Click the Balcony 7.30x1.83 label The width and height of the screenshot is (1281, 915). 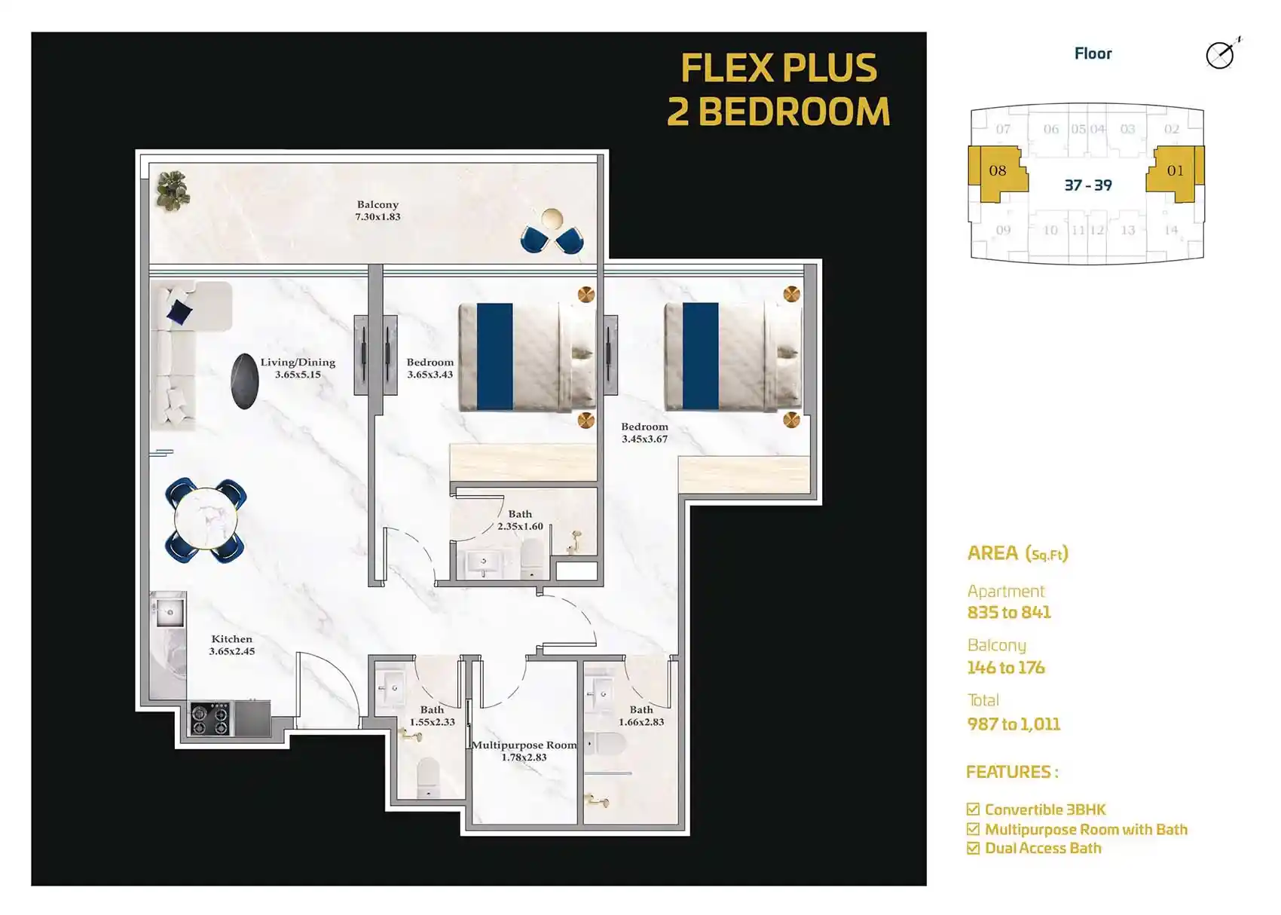click(378, 210)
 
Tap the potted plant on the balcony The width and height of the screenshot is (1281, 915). click(173, 190)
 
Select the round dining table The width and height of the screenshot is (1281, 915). click(206, 519)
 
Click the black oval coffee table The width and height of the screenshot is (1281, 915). click(245, 381)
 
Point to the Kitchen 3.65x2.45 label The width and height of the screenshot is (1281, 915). click(231, 645)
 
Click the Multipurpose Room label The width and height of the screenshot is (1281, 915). click(524, 745)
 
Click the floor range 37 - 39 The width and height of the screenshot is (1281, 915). click(1088, 185)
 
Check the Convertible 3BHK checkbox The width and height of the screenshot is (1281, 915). click(973, 809)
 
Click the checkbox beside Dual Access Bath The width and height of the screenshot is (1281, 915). click(973, 848)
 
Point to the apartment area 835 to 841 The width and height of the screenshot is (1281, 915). click(1009, 613)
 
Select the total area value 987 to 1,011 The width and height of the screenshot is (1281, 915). click(1013, 724)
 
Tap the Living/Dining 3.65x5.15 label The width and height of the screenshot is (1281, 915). click(298, 369)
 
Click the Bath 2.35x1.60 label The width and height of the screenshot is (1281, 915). click(520, 520)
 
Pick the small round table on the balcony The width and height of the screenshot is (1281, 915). click(552, 219)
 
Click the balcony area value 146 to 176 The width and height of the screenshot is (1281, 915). click(1006, 667)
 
